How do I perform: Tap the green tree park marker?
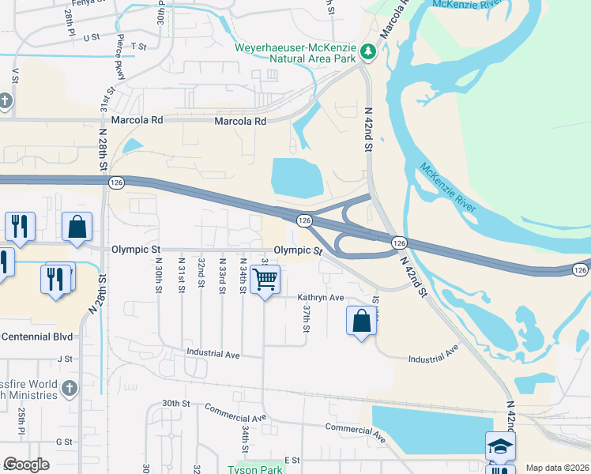point(367,52)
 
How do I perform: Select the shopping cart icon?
point(265,278)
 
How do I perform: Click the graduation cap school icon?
point(499,446)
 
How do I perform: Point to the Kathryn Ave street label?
point(321,298)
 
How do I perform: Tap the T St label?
point(140,47)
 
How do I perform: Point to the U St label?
point(92,36)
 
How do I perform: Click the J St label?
point(65,358)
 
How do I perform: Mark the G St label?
point(64,442)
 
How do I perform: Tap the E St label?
point(293,460)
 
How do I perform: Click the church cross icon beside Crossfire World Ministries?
point(70,388)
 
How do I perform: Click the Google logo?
point(27,465)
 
